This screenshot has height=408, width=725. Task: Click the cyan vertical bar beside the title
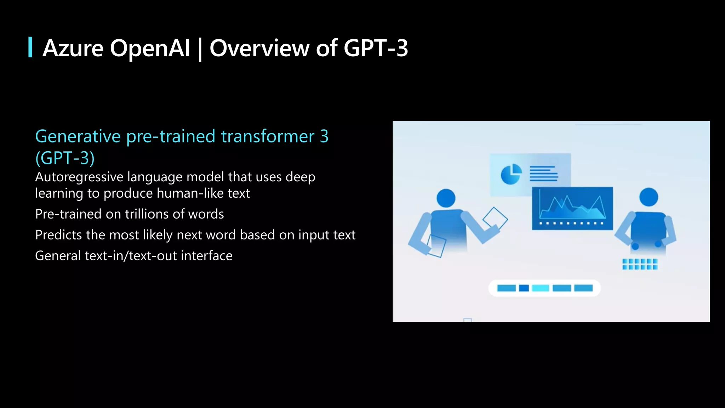[x=30, y=47]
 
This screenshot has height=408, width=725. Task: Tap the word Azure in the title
[x=73, y=48]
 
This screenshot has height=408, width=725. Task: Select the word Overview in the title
[x=259, y=48]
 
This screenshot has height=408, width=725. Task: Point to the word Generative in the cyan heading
[x=78, y=136]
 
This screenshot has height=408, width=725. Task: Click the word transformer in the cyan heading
[x=268, y=136]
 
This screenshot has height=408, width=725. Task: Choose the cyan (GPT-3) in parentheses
[x=65, y=158]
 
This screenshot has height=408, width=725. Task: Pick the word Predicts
[x=58, y=235]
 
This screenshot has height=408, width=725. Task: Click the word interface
[x=206, y=256]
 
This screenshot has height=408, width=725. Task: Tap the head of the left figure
[x=446, y=198]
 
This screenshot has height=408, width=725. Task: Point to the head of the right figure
[x=649, y=197]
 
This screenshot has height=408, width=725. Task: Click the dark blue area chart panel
[x=572, y=208]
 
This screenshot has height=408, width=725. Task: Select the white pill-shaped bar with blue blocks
[x=544, y=288]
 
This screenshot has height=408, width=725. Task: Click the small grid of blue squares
[x=640, y=264]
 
